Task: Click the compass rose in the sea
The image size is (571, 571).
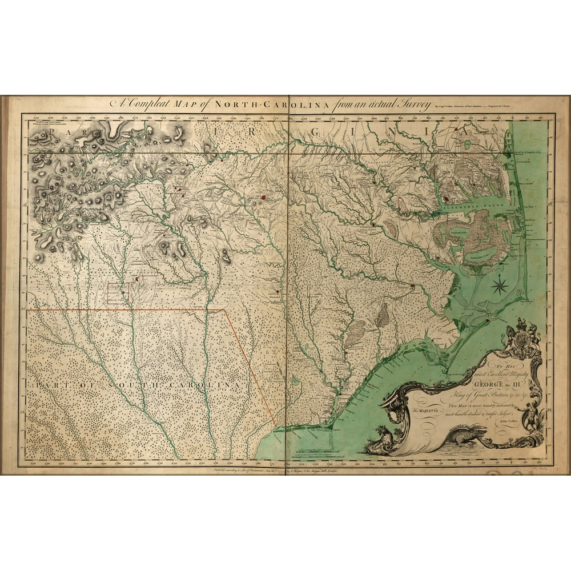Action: coord(500,284)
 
